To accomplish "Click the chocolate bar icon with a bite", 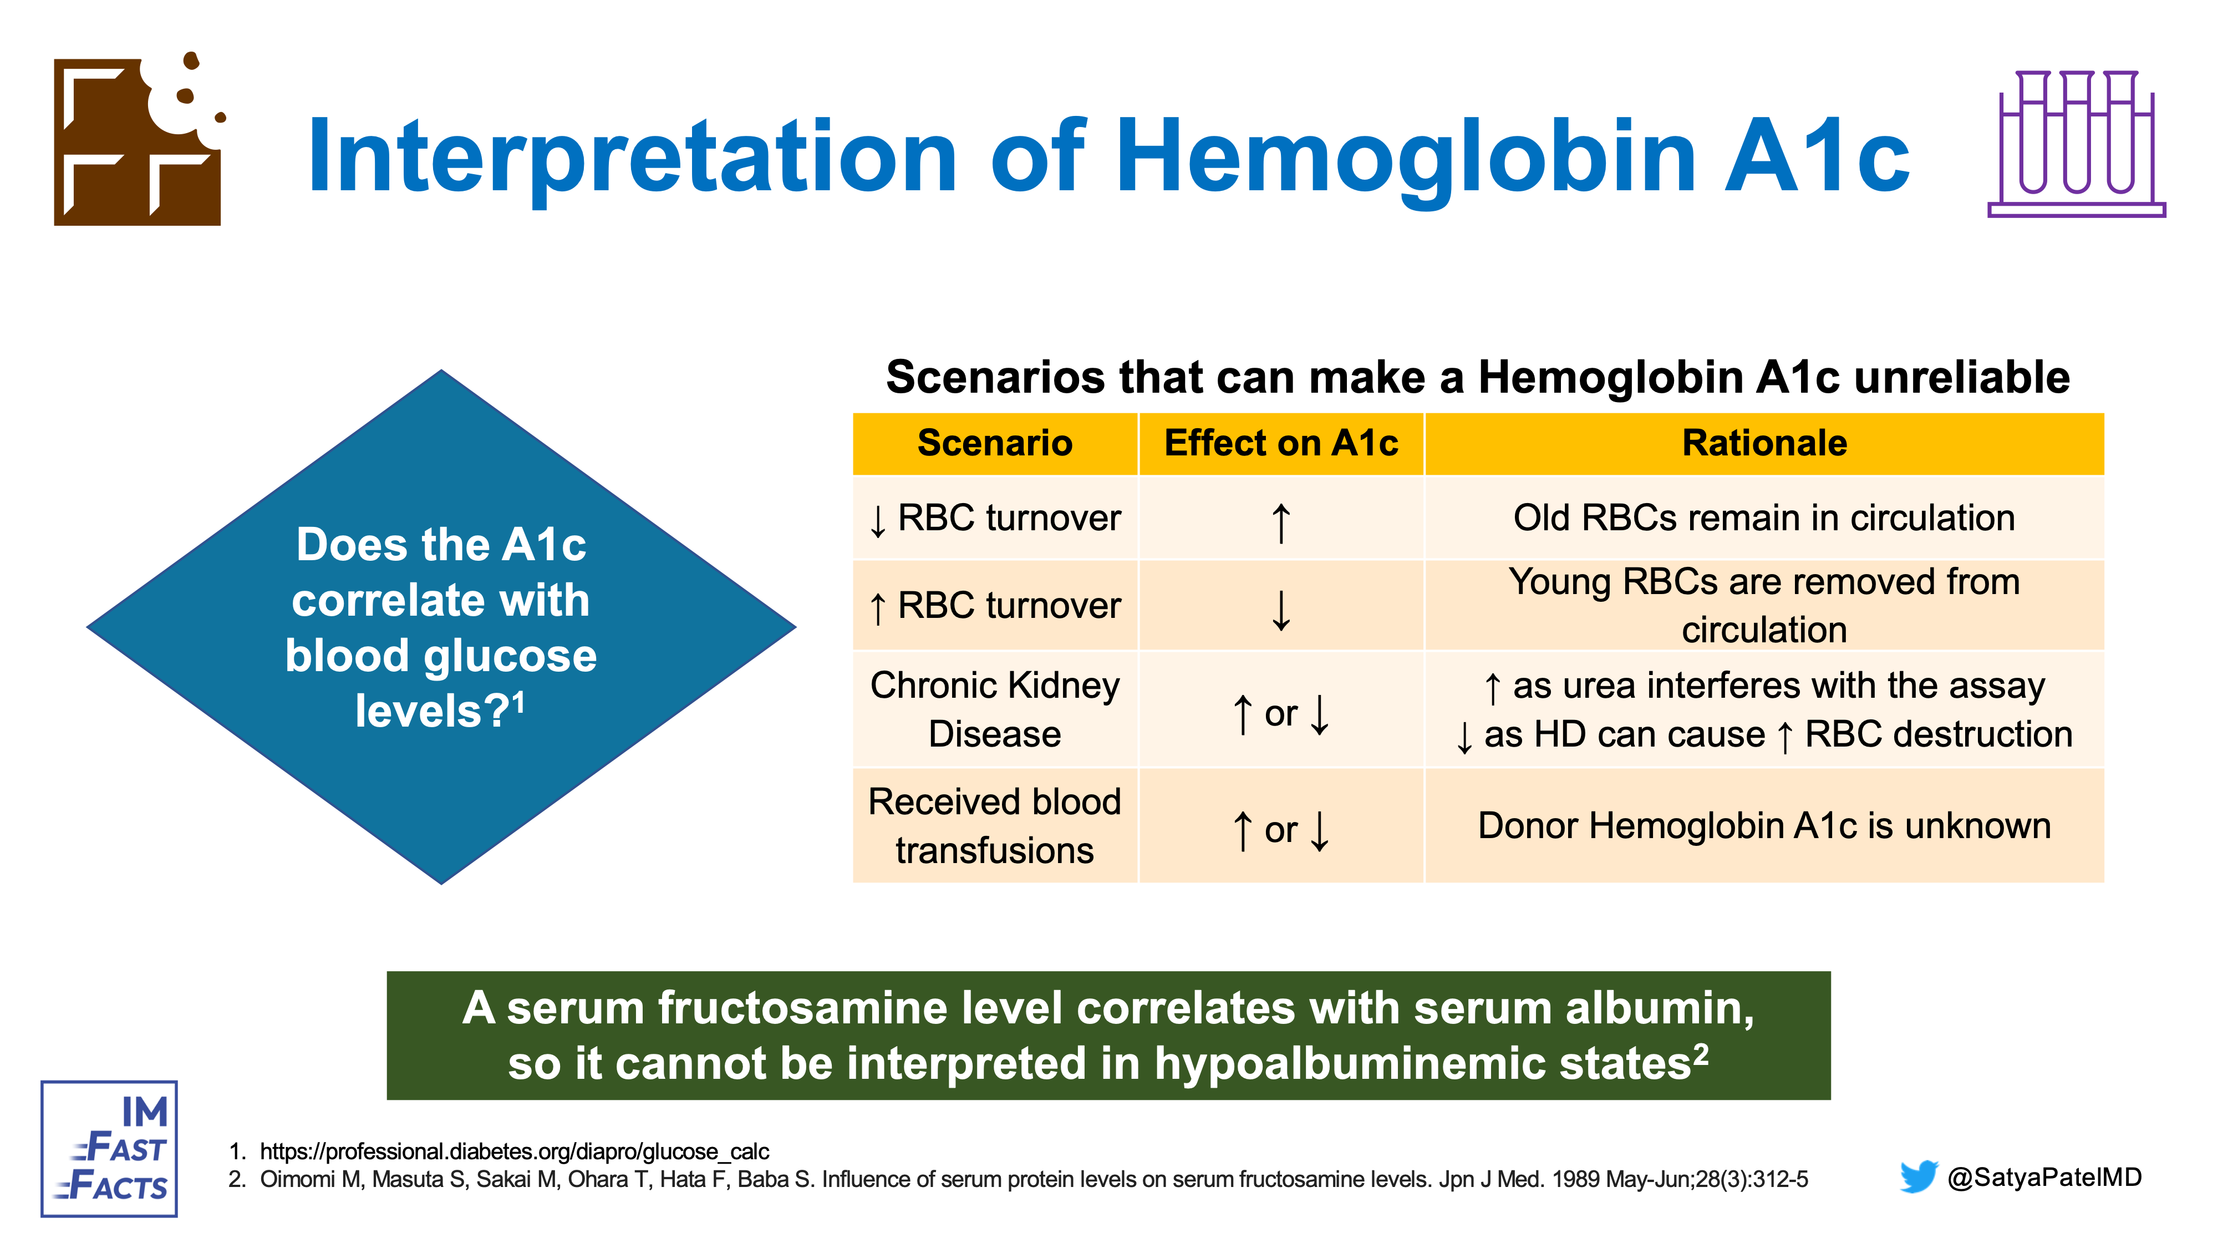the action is (138, 140).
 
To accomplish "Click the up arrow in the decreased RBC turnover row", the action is (1281, 523).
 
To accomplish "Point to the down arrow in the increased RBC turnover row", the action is (1281, 610).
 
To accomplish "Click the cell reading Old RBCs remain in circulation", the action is (1764, 518).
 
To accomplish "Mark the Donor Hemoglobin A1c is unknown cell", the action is (1764, 825).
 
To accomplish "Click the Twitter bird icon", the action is (1919, 1176).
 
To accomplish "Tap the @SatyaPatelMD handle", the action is (2044, 1176).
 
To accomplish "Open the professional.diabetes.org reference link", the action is (514, 1151).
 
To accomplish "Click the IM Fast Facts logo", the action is (109, 1149).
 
